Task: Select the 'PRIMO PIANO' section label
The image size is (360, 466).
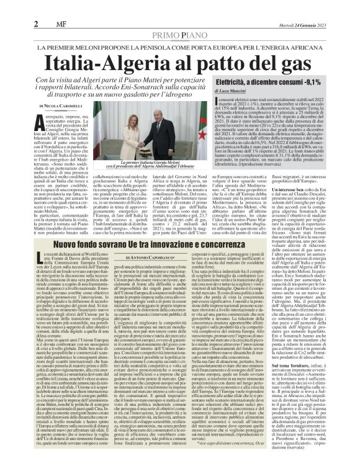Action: point(179,35)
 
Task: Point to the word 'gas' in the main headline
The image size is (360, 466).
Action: point(293,64)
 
